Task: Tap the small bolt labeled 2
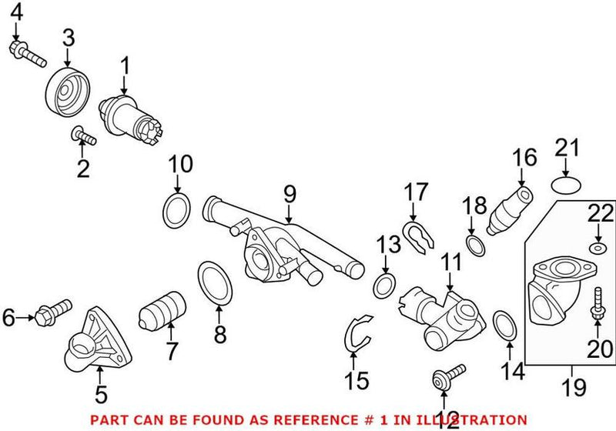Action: coord(82,137)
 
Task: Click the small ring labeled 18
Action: coord(475,245)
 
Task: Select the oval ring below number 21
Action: coord(567,185)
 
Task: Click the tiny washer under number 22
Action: coord(597,247)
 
